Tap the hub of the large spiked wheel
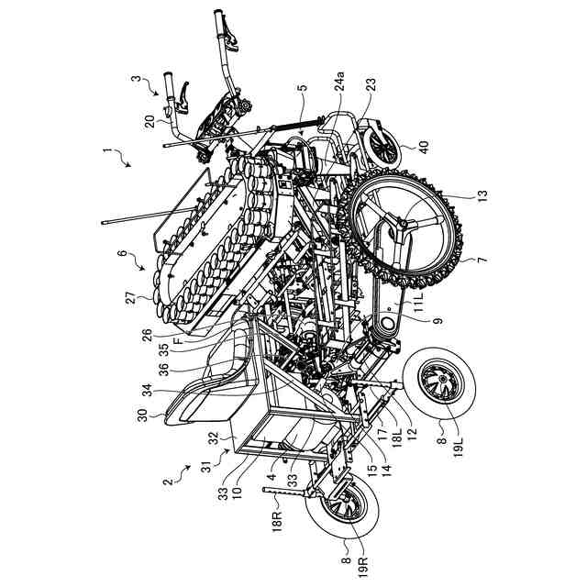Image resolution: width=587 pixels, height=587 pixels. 403,225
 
